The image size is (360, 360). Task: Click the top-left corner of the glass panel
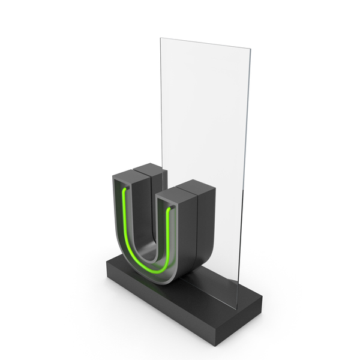pyautogui.click(x=160, y=38)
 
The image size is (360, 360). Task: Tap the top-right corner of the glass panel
pyautogui.click(x=250, y=49)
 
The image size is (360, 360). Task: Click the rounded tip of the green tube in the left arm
pyautogui.click(x=125, y=189)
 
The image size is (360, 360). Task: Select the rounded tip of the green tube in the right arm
pyautogui.click(x=170, y=209)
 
